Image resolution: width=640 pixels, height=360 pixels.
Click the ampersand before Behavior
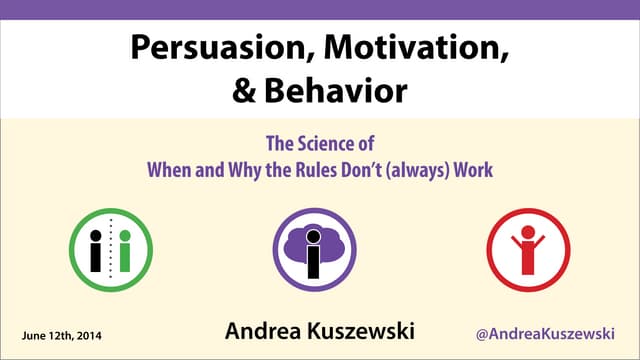[x=246, y=91]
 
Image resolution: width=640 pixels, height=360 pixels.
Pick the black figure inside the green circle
[x=96, y=250]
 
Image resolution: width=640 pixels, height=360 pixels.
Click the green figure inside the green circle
[x=124, y=250]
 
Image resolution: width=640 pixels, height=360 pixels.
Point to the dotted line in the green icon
[x=110, y=250]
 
